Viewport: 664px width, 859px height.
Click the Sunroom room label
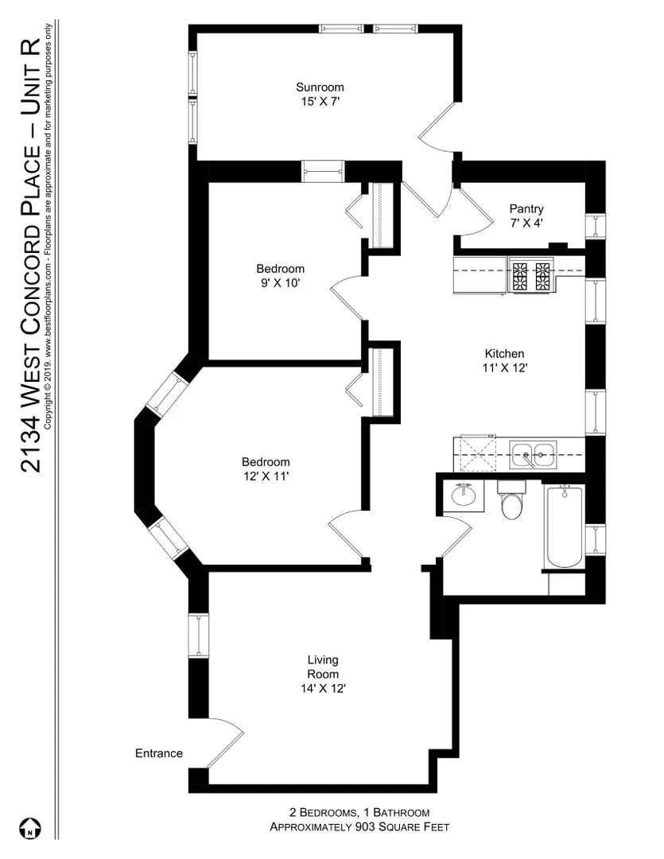click(x=320, y=87)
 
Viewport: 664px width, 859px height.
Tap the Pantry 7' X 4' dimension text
click(x=526, y=223)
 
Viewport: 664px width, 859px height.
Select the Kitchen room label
click(x=505, y=354)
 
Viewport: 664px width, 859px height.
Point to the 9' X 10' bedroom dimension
click(x=280, y=282)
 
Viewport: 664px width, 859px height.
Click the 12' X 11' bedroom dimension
click(x=266, y=476)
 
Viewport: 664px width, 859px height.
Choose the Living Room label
click(x=323, y=667)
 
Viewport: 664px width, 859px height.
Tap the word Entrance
click(x=159, y=753)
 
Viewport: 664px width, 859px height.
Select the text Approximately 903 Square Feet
click(x=359, y=827)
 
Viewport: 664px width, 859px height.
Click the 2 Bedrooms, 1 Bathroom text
click(x=359, y=812)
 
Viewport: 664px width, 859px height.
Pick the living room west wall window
click(x=196, y=636)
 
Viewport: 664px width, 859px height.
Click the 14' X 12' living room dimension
click(x=323, y=689)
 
